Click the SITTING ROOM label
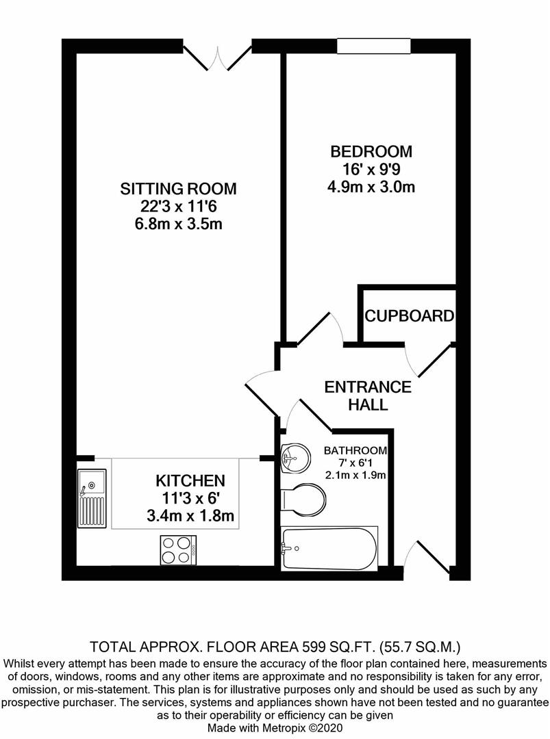pyautogui.click(x=178, y=189)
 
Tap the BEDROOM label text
pyautogui.click(x=371, y=152)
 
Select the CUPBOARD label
pyautogui.click(x=410, y=315)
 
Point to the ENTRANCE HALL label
pyautogui.click(x=368, y=396)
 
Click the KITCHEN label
pyautogui.click(x=190, y=481)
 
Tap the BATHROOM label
pyautogui.click(x=355, y=450)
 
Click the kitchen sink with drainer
pyautogui.click(x=92, y=498)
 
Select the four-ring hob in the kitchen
pyautogui.click(x=178, y=550)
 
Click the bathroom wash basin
pyautogui.click(x=295, y=458)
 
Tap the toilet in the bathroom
pyautogui.click(x=303, y=500)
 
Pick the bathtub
pyautogui.click(x=329, y=549)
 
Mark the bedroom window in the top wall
pyautogui.click(x=374, y=47)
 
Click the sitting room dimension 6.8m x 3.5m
pyautogui.click(x=178, y=223)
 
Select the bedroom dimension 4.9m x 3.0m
pyautogui.click(x=371, y=187)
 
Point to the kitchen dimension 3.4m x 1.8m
pyautogui.click(x=190, y=516)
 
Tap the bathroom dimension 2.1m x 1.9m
pyautogui.click(x=355, y=475)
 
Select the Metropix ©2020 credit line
pyautogui.click(x=275, y=727)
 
